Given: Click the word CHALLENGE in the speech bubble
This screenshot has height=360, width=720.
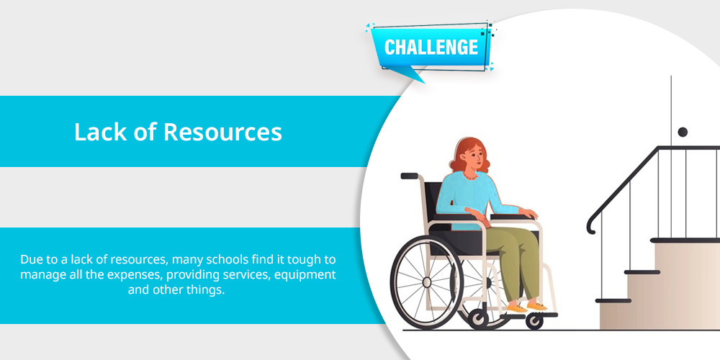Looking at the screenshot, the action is tap(431, 48).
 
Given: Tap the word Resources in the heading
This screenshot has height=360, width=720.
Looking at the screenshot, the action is tap(222, 132).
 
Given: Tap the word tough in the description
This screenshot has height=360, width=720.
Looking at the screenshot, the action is tap(307, 260).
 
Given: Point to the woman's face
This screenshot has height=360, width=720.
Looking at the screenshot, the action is tap(476, 156).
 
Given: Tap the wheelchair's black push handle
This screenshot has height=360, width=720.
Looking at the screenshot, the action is tap(409, 176).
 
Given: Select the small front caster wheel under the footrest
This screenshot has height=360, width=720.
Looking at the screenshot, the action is tap(534, 321).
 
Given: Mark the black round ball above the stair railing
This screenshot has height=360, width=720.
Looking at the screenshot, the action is tap(683, 132).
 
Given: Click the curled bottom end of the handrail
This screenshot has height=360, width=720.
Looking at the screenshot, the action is tap(591, 226).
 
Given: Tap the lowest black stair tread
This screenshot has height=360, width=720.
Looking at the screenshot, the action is tap(613, 301).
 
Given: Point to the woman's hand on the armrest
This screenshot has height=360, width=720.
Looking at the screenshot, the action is tap(528, 213).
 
